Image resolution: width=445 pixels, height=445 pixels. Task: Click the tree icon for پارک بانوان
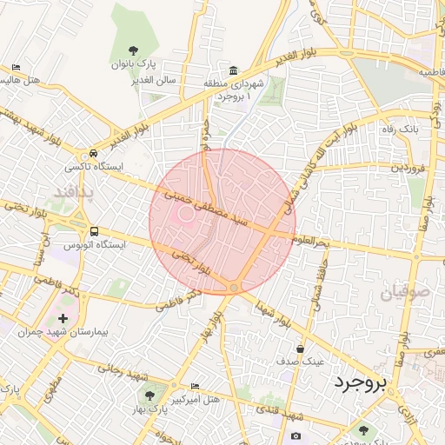pos(133,50)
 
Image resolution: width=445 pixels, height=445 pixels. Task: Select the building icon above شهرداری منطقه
pos(233,70)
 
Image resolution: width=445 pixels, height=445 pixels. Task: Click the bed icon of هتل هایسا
pos(17,67)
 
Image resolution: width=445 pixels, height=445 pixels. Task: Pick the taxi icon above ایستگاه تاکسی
pos(94,150)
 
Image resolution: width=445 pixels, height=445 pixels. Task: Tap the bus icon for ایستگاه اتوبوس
pos(94,231)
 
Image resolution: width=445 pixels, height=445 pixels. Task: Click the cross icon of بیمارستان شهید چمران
pos(63,319)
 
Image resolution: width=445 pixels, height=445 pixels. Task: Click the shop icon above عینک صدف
pos(300,348)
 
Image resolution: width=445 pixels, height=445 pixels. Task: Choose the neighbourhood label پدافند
pos(72,189)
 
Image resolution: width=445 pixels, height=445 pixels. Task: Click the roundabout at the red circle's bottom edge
pos(234,288)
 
